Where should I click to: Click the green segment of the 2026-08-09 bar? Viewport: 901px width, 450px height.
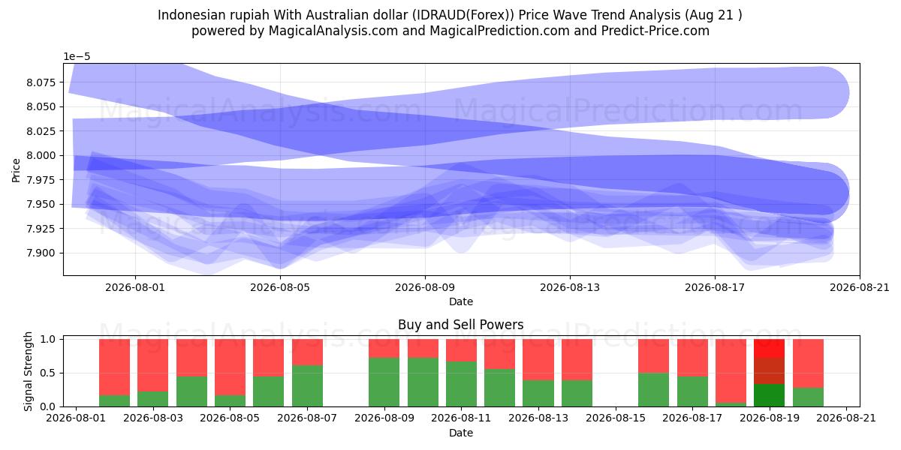point(384,382)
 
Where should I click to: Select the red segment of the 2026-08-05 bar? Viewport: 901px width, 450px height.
point(230,367)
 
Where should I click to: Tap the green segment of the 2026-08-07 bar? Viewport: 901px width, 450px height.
point(307,385)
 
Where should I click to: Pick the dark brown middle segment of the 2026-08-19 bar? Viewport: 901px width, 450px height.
point(769,370)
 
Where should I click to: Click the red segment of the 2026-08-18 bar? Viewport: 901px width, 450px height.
point(731,370)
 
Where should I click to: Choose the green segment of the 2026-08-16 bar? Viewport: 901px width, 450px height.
point(654,390)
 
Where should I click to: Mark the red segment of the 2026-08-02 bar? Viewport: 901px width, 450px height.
point(115,367)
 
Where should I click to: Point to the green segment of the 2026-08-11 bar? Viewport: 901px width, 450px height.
point(461,384)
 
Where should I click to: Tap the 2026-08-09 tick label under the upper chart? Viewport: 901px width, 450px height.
point(425,288)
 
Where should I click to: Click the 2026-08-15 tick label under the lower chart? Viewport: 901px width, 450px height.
point(616,418)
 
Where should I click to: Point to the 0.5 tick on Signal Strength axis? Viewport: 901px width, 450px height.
point(48,373)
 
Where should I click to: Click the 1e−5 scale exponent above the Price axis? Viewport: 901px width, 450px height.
point(77,57)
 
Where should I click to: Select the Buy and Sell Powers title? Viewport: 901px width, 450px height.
point(461,325)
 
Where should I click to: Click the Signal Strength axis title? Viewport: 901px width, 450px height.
point(28,372)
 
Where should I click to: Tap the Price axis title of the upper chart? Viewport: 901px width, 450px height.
point(16,170)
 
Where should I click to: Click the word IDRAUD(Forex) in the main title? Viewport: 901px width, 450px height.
point(463,15)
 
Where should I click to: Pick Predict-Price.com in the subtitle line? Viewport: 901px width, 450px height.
point(655,31)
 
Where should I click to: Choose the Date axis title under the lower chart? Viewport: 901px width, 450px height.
point(461,433)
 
